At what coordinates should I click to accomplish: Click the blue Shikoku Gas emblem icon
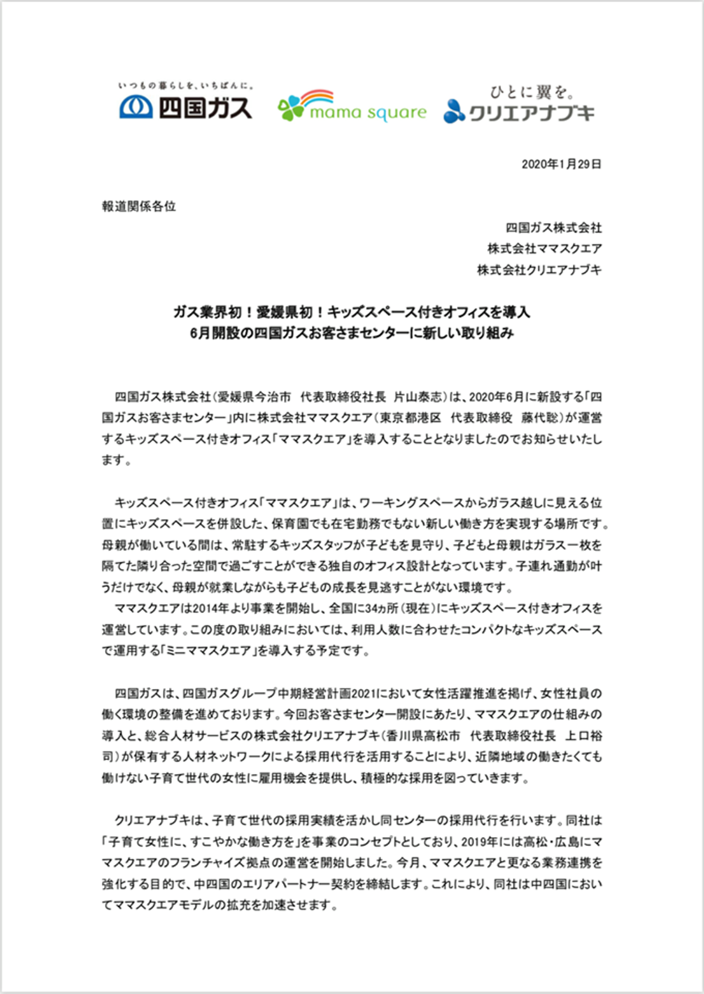(136, 108)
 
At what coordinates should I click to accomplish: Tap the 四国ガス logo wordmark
(205, 108)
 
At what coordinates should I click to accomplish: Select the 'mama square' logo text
(368, 113)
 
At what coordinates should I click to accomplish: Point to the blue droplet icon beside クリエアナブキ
(454, 111)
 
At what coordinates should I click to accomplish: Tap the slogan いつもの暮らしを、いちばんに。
(186, 86)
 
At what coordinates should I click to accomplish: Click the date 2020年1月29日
(561, 164)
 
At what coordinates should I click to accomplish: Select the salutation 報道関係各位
(139, 206)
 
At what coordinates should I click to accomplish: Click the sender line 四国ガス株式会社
(553, 227)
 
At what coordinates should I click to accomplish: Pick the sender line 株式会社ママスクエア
(544, 248)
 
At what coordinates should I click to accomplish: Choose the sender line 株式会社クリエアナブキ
(539, 269)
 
